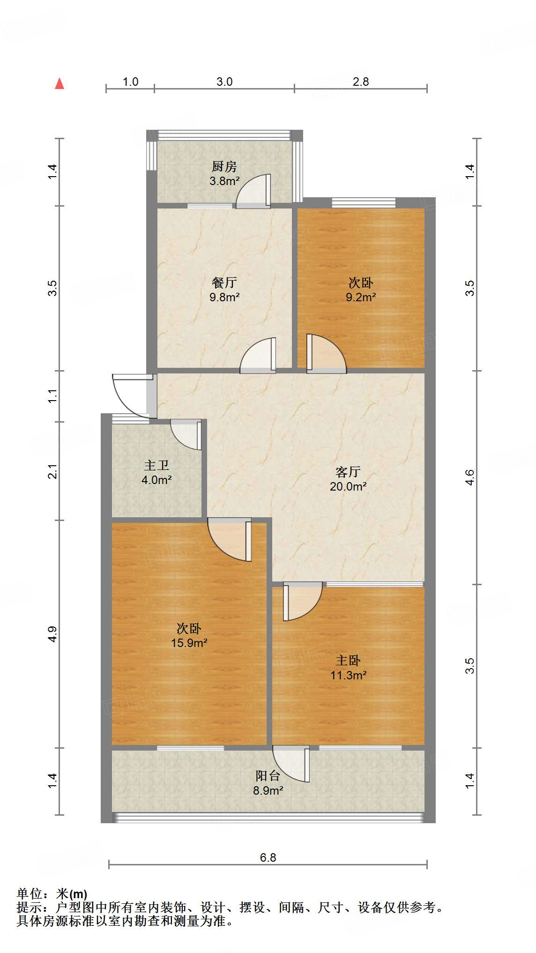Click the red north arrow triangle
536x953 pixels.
[x=60, y=84]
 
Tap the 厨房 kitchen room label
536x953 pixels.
[x=224, y=166]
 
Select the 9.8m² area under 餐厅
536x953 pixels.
[x=224, y=297]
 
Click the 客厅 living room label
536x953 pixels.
[x=348, y=472]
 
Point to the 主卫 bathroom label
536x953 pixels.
[x=156, y=465]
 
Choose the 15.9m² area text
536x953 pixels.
[x=189, y=643]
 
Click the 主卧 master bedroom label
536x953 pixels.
[x=348, y=660]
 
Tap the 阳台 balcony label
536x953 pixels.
[x=268, y=776]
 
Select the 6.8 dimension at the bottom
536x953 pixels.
[x=268, y=857]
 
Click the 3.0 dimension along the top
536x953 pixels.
[x=224, y=82]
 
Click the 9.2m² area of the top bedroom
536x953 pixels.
[x=361, y=297]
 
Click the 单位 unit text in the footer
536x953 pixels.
[x=29, y=893]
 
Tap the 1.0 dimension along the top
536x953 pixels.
[x=130, y=82]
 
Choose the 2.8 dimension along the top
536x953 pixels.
[x=361, y=82]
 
